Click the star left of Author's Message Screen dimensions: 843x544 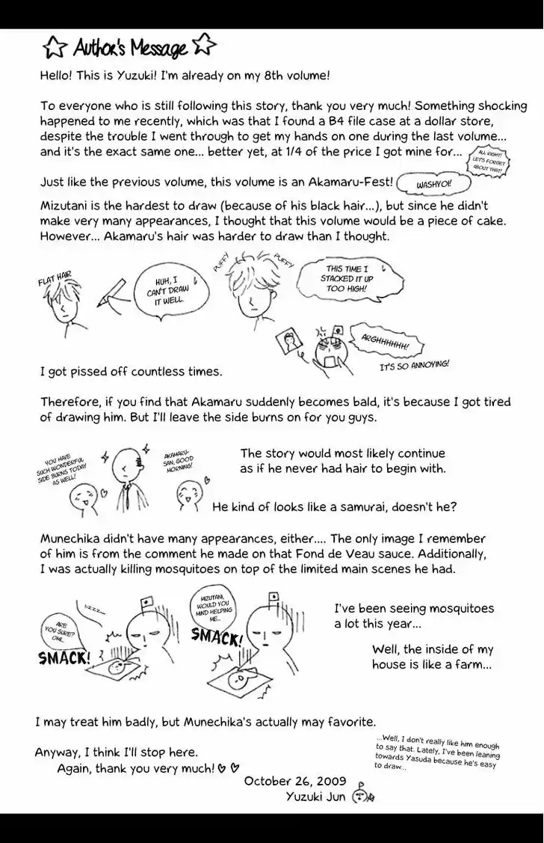click(55, 49)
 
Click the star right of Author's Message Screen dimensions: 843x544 click(203, 46)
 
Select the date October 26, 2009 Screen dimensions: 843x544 click(295, 781)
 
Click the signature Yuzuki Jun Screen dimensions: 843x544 click(315, 796)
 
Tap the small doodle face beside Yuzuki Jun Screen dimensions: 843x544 click(362, 795)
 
